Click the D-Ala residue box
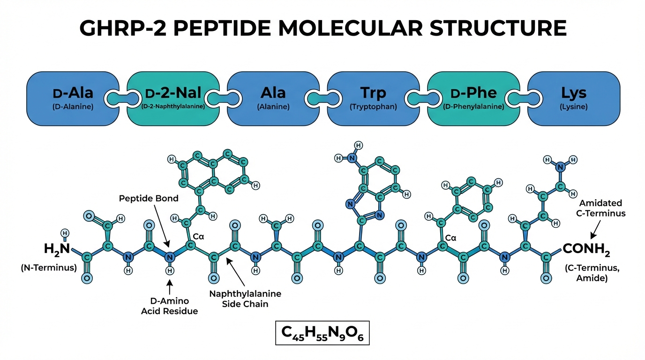73,98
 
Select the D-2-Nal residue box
173,98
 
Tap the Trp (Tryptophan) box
373,98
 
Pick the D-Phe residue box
473,98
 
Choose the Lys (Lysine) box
574,98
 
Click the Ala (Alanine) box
273,98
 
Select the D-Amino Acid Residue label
170,305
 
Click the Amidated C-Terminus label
602,208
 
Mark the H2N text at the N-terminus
57,249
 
